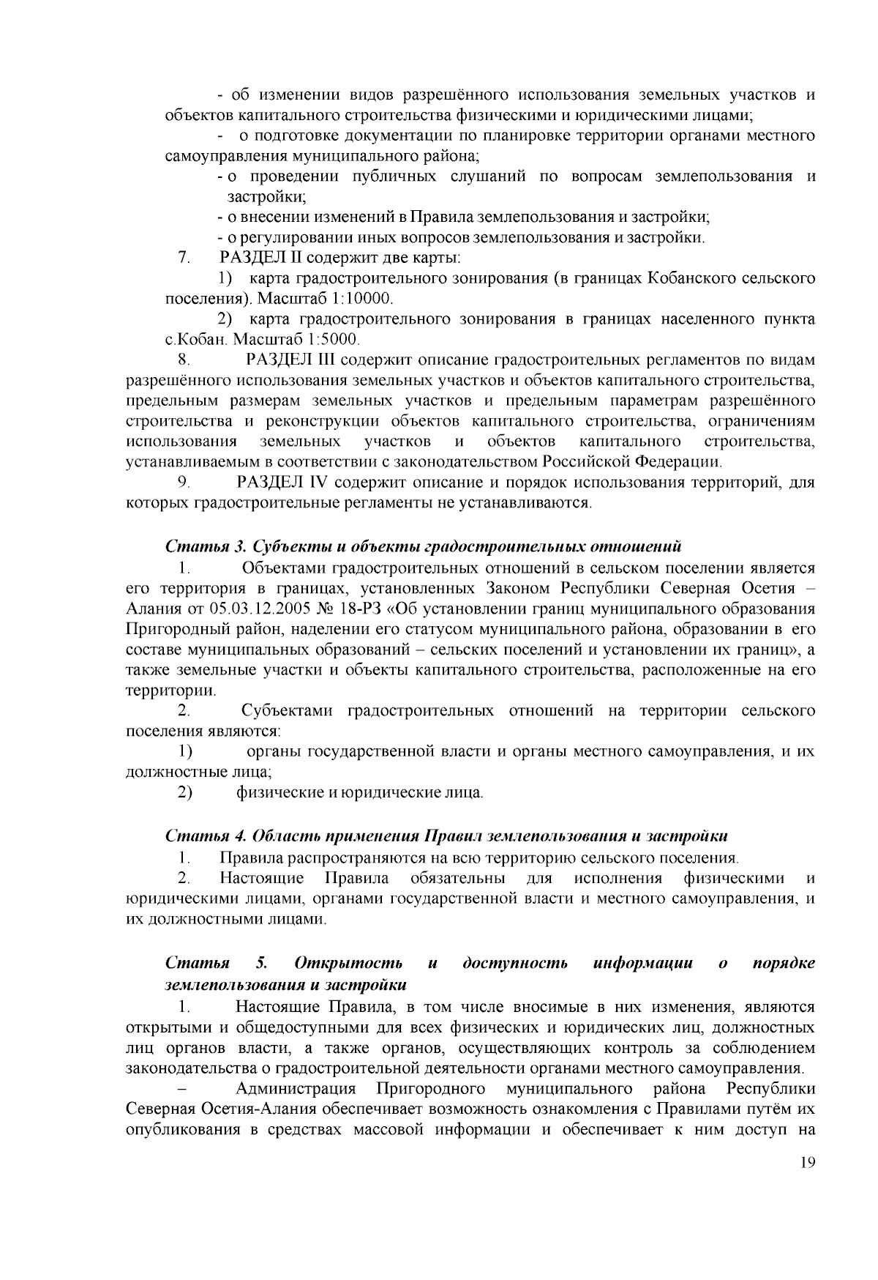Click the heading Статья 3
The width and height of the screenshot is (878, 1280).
click(206, 546)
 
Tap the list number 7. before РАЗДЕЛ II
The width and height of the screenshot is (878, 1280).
click(184, 258)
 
